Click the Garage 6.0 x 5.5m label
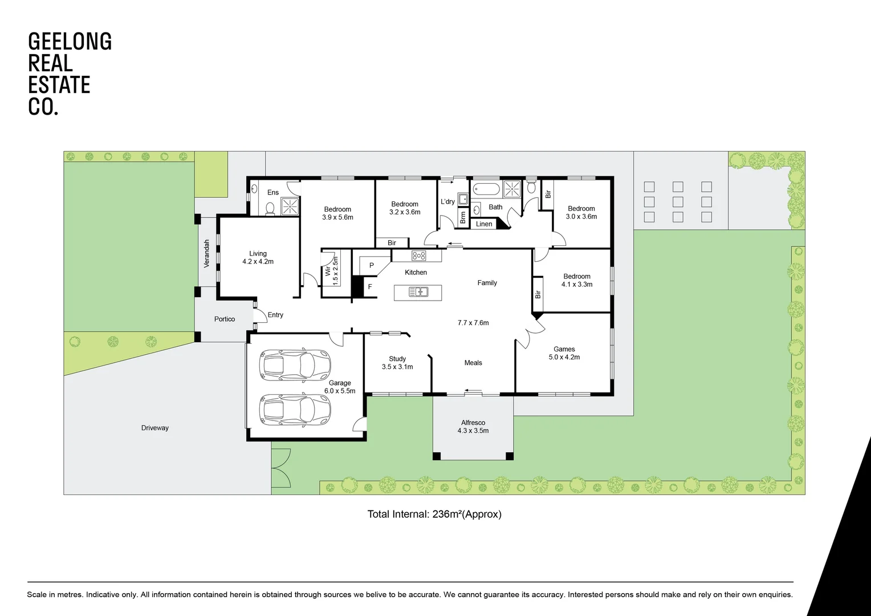click(340, 387)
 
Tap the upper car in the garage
click(295, 365)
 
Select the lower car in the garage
click(295, 410)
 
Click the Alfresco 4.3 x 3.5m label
click(473, 427)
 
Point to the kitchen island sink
click(418, 293)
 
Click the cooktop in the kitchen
click(419, 256)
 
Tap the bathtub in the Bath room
click(486, 189)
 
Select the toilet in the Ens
click(271, 208)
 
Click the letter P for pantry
click(372, 266)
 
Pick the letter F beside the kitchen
click(370, 287)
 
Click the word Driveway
click(155, 428)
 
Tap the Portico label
click(225, 319)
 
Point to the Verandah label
click(207, 253)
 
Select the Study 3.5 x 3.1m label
click(397, 363)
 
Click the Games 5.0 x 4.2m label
click(564, 353)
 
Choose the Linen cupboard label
click(484, 224)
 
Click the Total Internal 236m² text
click(434, 514)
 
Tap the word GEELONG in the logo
click(70, 42)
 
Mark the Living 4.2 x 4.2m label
click(258, 258)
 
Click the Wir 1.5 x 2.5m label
click(332, 271)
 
